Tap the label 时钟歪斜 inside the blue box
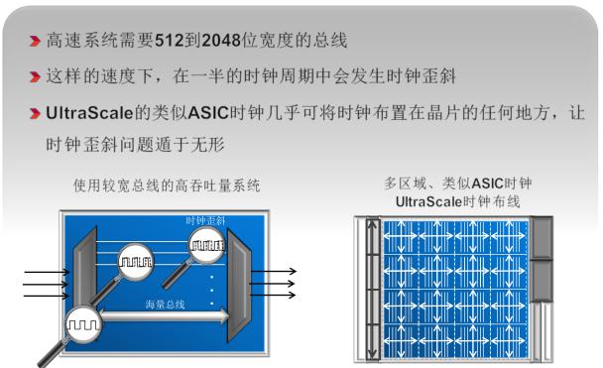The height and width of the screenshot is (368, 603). (x=206, y=220)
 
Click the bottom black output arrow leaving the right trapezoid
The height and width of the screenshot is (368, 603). (x=277, y=293)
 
